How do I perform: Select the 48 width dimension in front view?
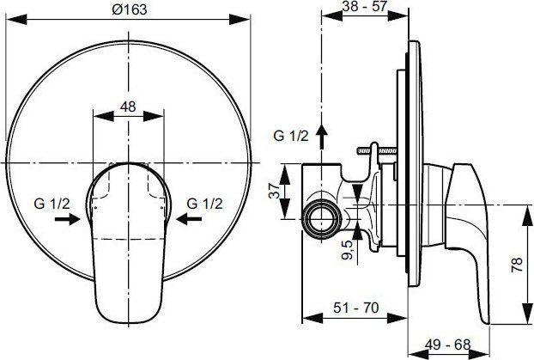click(x=128, y=108)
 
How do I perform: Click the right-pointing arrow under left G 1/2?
click(x=67, y=220)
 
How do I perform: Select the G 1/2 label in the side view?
click(x=290, y=136)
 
